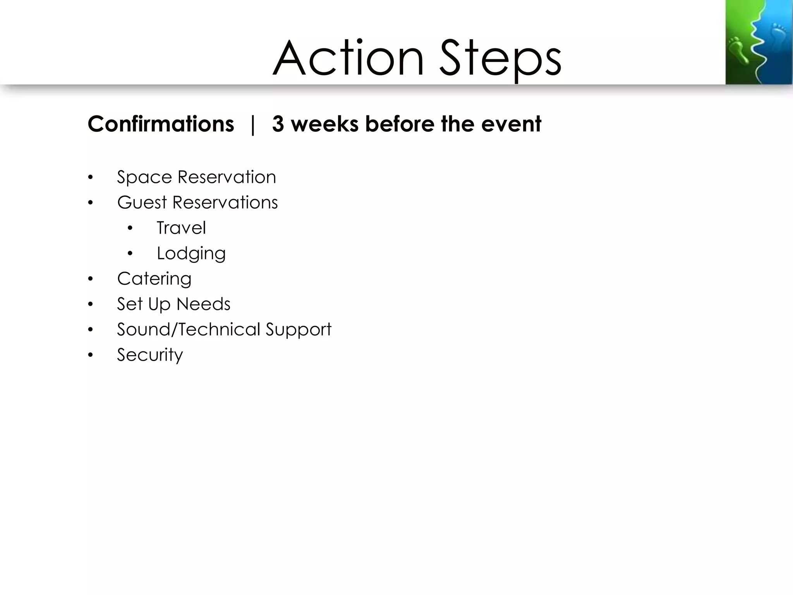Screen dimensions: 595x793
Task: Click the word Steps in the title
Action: tap(500, 59)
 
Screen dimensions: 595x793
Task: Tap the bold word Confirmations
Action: tap(161, 124)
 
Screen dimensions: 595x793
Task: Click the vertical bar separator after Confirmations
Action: tap(253, 125)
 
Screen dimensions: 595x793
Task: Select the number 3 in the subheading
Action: tap(278, 124)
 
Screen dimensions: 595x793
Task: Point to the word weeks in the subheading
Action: tap(324, 124)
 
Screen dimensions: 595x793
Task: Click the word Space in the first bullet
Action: tap(144, 177)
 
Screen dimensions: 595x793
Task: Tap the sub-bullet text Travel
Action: tap(181, 228)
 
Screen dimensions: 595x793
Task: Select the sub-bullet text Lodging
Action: tap(191, 254)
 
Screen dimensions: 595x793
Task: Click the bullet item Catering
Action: tap(154, 279)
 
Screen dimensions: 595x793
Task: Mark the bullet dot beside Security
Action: tap(91, 355)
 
